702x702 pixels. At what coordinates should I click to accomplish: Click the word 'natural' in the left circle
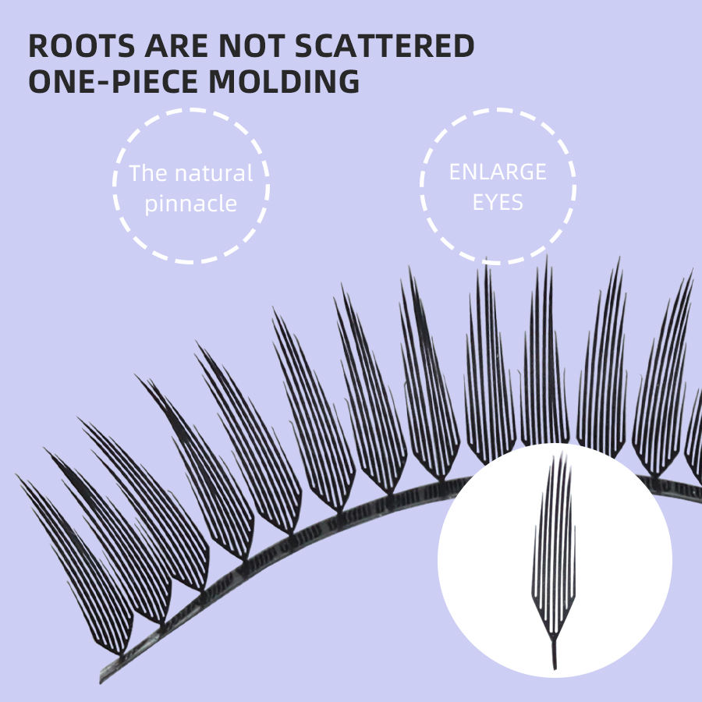212,173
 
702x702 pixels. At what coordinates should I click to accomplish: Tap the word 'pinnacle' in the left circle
190,204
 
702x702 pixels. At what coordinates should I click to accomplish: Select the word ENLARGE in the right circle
498,172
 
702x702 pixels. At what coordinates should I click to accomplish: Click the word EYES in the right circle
498,204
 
